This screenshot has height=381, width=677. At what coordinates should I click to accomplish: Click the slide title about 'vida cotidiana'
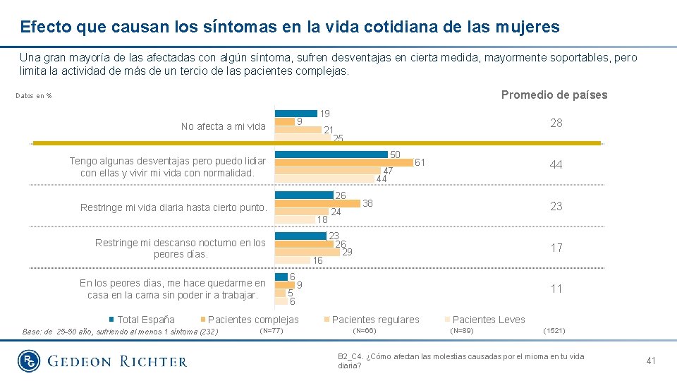tap(290, 28)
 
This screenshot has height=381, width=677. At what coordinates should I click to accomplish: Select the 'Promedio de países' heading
tap(554, 95)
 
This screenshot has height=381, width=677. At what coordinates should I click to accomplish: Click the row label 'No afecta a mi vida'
tap(223, 126)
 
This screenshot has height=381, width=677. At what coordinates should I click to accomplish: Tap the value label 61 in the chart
tap(420, 163)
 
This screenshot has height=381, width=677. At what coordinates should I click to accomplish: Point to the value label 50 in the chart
tap(396, 155)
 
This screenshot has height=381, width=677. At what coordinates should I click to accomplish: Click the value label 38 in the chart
tap(367, 203)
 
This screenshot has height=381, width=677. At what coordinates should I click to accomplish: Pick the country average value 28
tap(556, 123)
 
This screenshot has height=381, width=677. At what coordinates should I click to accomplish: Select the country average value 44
tap(556, 164)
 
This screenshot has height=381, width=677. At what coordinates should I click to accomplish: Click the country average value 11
tap(556, 289)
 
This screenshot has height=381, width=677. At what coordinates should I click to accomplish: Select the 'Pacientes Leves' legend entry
tap(489, 320)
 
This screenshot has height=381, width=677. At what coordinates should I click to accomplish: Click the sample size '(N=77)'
tap(272, 330)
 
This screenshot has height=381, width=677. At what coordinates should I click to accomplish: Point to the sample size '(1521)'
tap(554, 330)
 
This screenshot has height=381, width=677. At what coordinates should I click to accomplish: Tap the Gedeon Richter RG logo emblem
tap(28, 361)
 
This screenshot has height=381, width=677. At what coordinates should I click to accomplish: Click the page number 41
tap(651, 361)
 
